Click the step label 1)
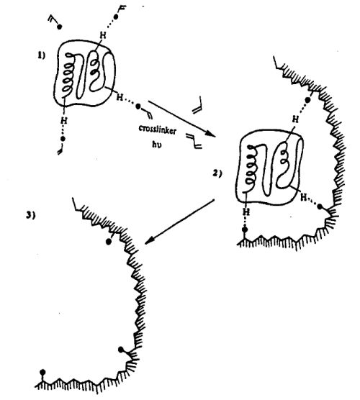coord(42,55)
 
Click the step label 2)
coord(217,173)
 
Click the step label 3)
coord(30,216)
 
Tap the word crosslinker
coord(158,129)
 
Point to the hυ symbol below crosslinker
coord(157,145)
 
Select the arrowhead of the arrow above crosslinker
coord(211,133)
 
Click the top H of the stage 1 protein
coord(103,35)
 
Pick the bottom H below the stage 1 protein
coord(64,120)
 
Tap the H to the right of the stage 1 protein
coord(120,97)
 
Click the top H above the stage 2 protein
coord(295,119)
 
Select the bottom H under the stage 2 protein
coord(246,212)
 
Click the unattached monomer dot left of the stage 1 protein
coord(59,27)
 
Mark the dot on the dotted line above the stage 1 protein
coord(116,17)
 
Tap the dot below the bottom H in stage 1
coord(63,139)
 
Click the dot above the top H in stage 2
coord(308,100)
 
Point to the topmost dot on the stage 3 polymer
coord(109,242)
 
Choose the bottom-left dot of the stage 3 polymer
coord(42,372)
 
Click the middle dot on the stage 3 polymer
coord(121,350)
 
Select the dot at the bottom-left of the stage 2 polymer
coord(245,229)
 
